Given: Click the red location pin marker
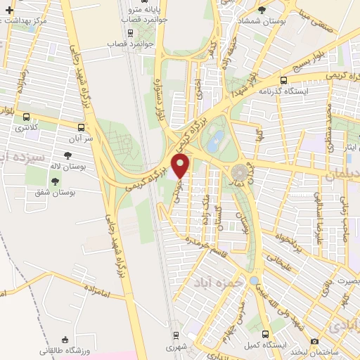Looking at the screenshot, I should point(181,167).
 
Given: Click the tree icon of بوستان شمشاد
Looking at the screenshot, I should point(262,9).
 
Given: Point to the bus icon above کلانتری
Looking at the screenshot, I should point(27,117).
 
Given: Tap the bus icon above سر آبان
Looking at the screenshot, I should point(83,128).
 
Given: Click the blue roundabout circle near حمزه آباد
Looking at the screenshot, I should point(253,281).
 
